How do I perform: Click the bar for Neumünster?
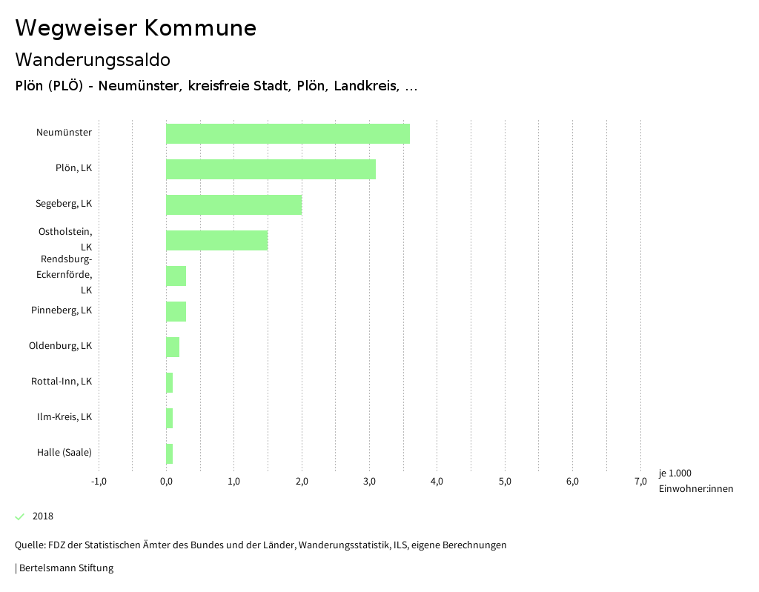(288, 133)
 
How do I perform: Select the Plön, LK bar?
(271, 169)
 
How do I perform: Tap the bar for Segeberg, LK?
(233, 204)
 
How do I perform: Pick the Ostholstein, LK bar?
(216, 240)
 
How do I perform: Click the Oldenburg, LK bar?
(173, 347)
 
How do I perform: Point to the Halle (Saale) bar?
(170, 453)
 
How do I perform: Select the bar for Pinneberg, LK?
(176, 311)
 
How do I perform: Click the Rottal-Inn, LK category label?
(62, 382)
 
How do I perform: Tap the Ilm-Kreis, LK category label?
(64, 417)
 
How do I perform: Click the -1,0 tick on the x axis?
(99, 482)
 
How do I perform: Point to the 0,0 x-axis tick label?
(166, 482)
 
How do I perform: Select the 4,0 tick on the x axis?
(437, 482)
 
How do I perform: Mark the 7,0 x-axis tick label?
(640, 482)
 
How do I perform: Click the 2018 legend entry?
(42, 516)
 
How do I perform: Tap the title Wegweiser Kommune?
(136, 28)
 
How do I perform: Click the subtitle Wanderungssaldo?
(93, 59)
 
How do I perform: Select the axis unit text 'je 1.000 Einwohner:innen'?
(695, 481)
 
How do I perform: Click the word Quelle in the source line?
(29, 545)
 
